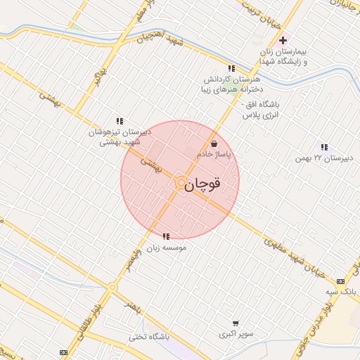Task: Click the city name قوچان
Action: point(206,184)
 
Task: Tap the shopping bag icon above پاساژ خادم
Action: point(213,143)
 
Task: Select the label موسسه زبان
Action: point(166,247)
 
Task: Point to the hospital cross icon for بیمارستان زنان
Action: point(283,41)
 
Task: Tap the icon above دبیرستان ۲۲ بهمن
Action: point(323,147)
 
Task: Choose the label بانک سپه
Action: point(342,290)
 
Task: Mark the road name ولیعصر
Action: point(137,256)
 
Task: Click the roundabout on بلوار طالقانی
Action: point(112,287)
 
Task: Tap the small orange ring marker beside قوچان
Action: point(181,183)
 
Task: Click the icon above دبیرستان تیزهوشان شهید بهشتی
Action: point(119,121)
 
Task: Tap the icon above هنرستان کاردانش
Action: point(231,69)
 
